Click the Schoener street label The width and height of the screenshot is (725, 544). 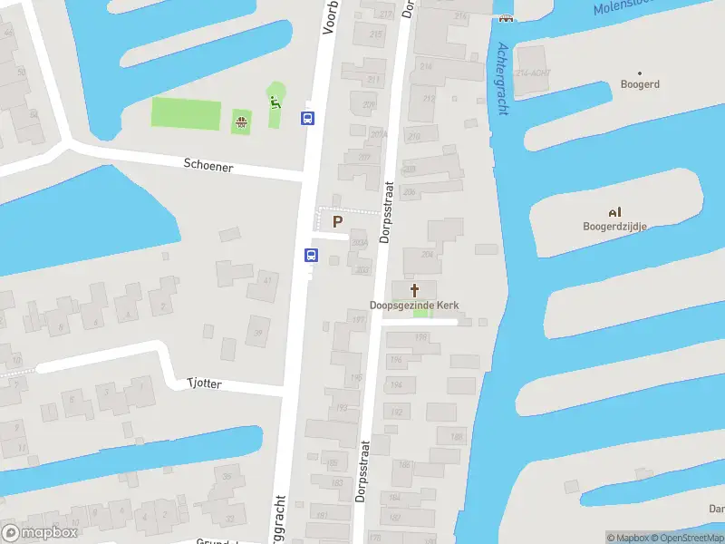[208, 166]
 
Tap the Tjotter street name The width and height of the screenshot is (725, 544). [204, 384]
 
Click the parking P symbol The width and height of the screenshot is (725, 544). [338, 221]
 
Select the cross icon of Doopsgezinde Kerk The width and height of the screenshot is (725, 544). [415, 291]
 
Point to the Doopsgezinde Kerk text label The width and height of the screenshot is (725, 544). [414, 306]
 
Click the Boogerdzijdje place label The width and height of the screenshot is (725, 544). [614, 226]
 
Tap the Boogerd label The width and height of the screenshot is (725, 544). [640, 84]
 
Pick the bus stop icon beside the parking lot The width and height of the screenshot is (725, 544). [311, 255]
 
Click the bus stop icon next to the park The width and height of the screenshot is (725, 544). [308, 118]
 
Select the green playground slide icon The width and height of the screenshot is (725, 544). [274, 102]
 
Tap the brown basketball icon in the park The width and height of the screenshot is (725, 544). [241, 121]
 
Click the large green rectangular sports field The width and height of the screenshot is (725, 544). [186, 113]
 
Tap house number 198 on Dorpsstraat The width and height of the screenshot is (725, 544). [420, 337]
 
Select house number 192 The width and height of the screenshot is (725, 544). [396, 413]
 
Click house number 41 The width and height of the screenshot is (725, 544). [267, 280]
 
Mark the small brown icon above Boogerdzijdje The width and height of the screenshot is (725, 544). [614, 212]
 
